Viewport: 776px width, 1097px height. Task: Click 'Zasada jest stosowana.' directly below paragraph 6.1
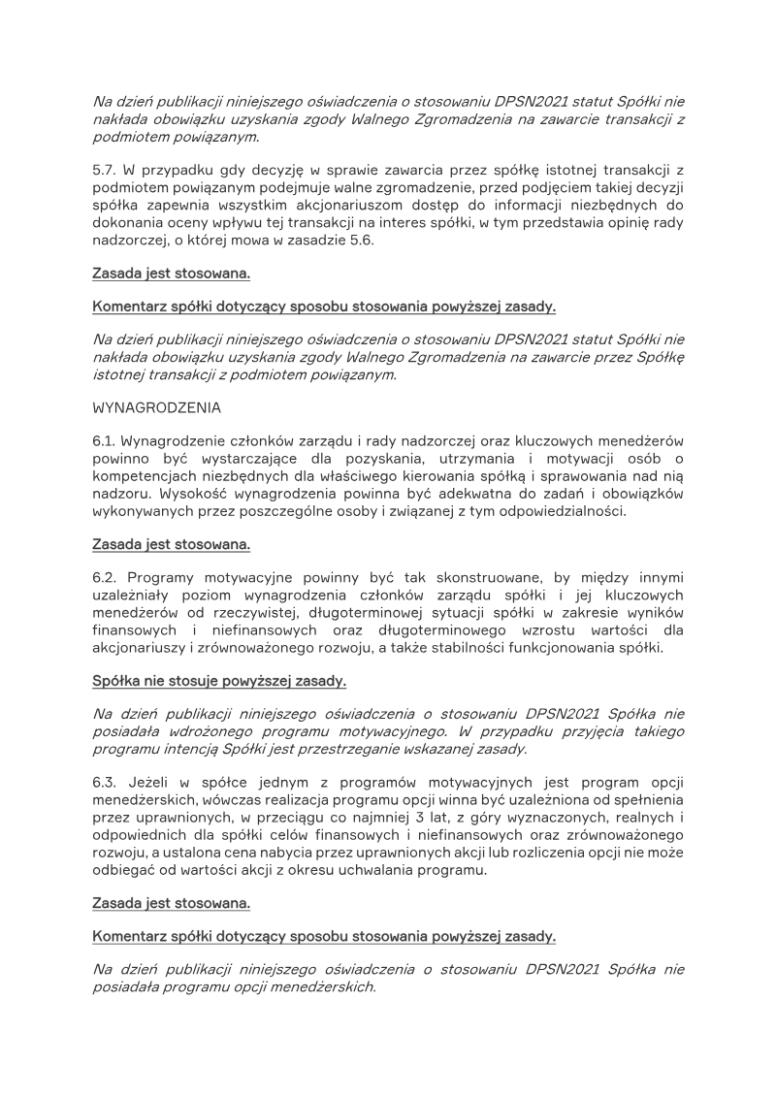[172, 544]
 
